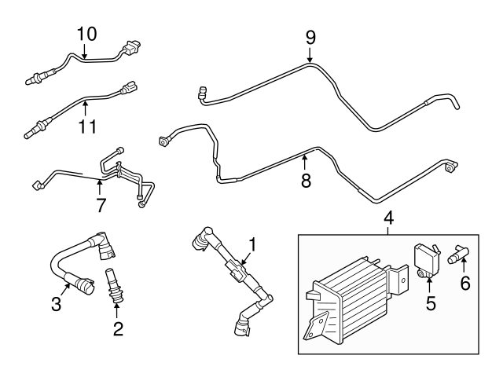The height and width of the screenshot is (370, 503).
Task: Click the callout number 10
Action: point(86,34)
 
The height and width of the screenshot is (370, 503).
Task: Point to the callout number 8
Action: point(306,181)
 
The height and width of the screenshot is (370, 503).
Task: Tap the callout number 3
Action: point(56,302)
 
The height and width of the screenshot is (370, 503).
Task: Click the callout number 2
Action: point(117,328)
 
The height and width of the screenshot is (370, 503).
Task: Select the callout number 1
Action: point(253,244)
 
